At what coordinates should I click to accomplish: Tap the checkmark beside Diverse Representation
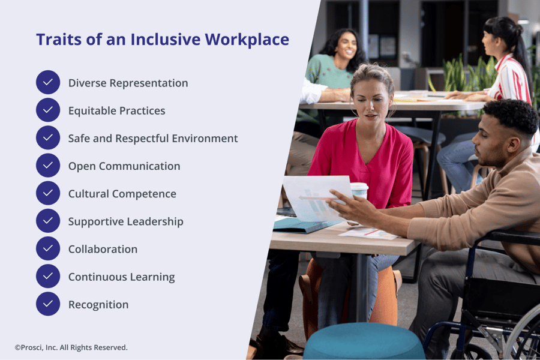click(x=48, y=83)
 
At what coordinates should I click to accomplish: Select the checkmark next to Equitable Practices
click(x=48, y=110)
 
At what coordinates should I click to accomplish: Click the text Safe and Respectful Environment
click(x=152, y=139)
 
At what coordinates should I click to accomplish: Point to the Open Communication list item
click(x=124, y=166)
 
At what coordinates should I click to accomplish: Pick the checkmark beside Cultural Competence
click(x=48, y=194)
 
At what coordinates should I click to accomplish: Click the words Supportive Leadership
click(x=125, y=221)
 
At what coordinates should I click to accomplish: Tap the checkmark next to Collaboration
click(x=48, y=249)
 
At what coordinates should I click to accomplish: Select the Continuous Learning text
click(x=121, y=277)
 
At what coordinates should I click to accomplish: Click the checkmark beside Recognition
click(x=48, y=304)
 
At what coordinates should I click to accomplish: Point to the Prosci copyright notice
click(x=71, y=347)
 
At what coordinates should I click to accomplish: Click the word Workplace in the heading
click(x=247, y=40)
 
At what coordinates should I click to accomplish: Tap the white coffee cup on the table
click(x=359, y=191)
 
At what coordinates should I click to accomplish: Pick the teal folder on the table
click(x=303, y=224)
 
